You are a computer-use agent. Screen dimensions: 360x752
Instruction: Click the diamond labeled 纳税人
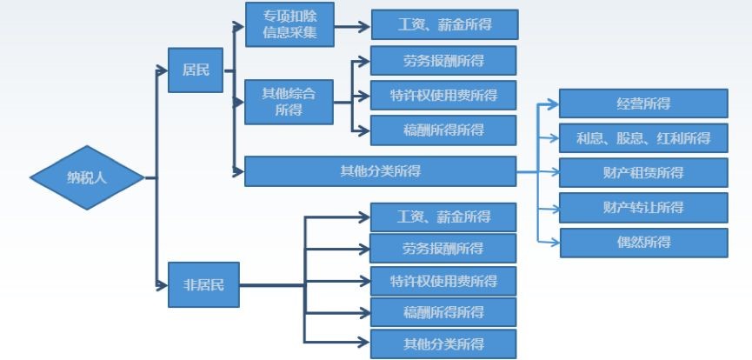point(86,177)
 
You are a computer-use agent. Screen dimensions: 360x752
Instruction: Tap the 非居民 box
point(203,285)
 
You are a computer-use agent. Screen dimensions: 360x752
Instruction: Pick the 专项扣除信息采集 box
point(289,24)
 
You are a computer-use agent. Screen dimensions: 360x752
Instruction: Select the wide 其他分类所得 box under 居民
point(381,170)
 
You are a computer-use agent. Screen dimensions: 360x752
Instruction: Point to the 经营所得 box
point(642,103)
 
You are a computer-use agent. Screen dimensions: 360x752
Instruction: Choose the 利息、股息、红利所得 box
point(642,138)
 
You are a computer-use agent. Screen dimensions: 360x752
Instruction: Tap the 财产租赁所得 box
point(642,172)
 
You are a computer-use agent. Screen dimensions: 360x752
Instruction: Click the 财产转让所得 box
point(642,207)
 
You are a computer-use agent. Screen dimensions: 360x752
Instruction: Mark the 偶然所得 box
point(642,242)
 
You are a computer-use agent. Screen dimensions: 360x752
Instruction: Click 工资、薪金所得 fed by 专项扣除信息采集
point(443,24)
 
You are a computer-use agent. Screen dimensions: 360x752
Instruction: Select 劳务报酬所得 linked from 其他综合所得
point(443,61)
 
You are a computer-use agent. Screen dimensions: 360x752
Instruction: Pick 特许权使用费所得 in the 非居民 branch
point(443,281)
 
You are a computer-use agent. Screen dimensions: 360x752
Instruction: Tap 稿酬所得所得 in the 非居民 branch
point(443,311)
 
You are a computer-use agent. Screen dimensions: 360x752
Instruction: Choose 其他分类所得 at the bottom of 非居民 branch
point(443,343)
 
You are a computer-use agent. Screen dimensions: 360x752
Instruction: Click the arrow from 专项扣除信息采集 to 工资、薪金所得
point(352,25)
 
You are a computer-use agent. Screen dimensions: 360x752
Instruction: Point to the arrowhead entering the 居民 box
point(162,69)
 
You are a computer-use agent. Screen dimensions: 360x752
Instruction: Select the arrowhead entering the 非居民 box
point(162,285)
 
